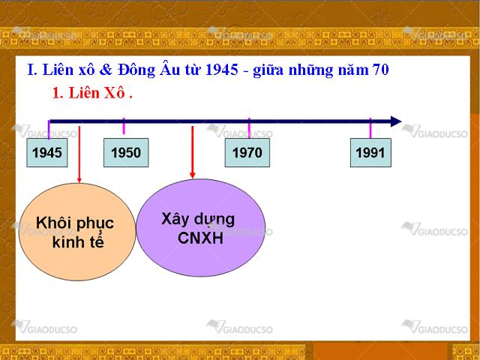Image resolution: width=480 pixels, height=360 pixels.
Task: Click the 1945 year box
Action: pos(47,152)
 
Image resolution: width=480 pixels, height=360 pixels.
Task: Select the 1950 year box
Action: pos(126,152)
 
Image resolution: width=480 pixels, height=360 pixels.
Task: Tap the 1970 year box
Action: pos(247,152)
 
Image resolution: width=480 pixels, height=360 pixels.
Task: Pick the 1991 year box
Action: pos(370,152)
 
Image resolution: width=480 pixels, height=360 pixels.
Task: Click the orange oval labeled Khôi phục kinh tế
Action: pos(77,232)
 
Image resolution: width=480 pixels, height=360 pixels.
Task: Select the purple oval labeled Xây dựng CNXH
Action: pos(201,228)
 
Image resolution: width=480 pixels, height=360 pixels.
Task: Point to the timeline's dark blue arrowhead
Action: pos(396,121)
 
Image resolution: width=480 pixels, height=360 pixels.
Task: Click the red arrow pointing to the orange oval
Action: pos(79,154)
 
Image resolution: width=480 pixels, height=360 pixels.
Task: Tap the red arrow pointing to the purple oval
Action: pos(192,152)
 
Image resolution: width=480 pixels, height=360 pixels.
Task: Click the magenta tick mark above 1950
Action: pos(124,126)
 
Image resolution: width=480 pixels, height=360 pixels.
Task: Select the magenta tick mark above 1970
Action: pos(249,128)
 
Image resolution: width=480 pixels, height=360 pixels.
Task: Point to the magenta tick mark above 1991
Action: pos(370,128)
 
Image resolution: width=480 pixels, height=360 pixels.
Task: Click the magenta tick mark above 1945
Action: pos(49,130)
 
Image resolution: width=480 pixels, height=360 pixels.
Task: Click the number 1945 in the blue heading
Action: pos(222,70)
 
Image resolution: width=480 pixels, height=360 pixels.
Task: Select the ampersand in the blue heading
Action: pos(106,70)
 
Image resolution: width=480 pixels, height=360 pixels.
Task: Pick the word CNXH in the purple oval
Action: pos(200,238)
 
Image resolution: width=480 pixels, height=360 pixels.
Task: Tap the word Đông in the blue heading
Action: pos(136,70)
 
